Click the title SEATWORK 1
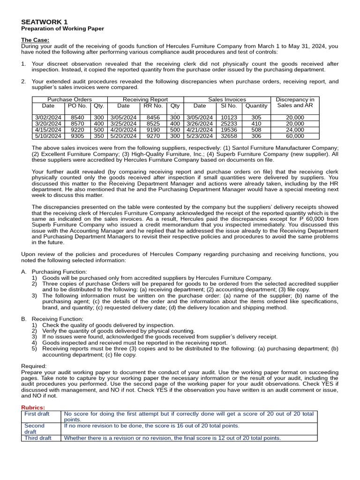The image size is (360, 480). [44, 22]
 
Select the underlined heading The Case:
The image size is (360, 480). [35, 40]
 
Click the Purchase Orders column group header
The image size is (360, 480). [69, 99]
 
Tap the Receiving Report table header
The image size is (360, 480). [145, 99]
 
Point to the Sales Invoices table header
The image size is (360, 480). [227, 99]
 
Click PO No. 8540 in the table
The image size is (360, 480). [77, 118]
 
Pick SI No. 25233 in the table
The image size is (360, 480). [229, 124]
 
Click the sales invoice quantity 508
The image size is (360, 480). [256, 130]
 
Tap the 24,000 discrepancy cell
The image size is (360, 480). [295, 130]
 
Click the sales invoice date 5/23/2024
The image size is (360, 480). [199, 136]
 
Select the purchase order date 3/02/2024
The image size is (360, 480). [48, 118]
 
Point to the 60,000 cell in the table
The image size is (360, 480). [295, 136]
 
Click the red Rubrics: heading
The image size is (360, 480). [33, 407]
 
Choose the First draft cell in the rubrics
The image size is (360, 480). [37, 414]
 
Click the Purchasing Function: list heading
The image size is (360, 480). [59, 272]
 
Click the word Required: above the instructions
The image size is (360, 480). [34, 366]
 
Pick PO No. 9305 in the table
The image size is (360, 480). [77, 136]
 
